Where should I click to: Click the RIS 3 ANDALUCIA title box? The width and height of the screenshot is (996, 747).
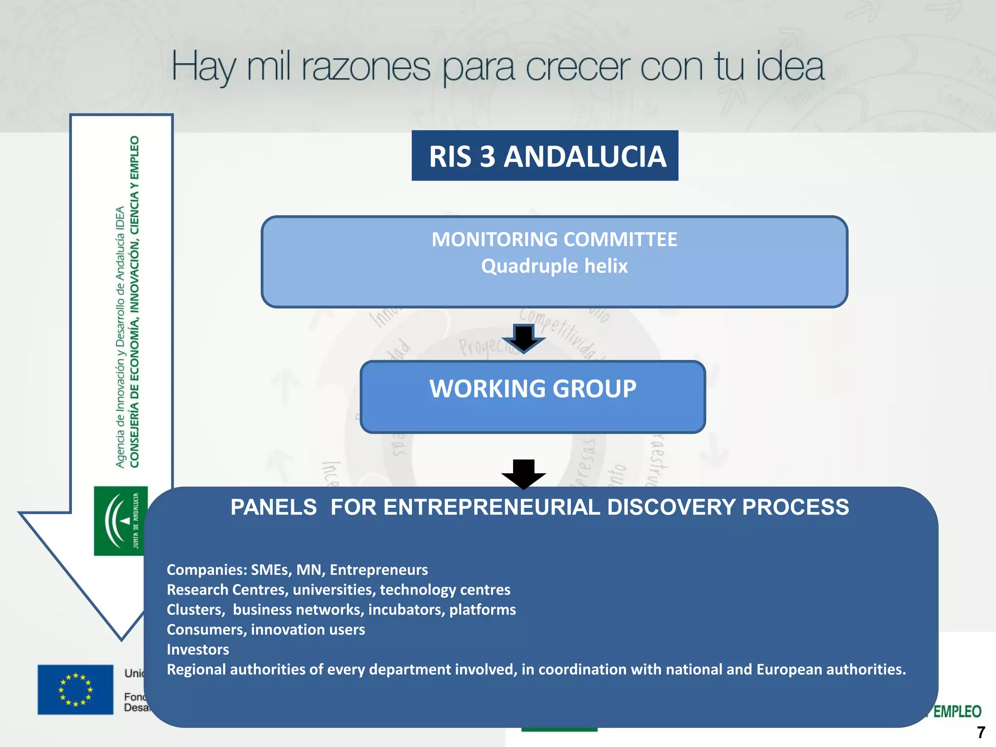click(545, 156)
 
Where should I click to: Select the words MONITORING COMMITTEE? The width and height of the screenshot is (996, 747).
click(554, 239)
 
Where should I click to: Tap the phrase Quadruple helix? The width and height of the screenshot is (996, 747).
click(554, 266)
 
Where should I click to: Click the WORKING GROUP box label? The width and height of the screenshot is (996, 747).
click(533, 389)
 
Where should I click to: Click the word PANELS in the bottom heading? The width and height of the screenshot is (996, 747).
click(273, 507)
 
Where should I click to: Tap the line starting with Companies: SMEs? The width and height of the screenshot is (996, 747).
click(297, 569)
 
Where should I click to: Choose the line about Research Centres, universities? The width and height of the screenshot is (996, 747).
click(338, 589)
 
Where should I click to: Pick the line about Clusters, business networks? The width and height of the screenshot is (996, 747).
click(341, 609)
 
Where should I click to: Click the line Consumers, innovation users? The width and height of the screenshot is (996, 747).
click(266, 629)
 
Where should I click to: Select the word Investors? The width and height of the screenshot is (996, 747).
click(197, 649)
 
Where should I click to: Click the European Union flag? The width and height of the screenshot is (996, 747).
click(75, 689)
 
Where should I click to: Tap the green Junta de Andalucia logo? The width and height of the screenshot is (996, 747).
click(121, 521)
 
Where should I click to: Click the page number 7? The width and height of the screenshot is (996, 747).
click(981, 732)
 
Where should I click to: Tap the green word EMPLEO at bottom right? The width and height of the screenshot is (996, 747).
click(957, 711)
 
